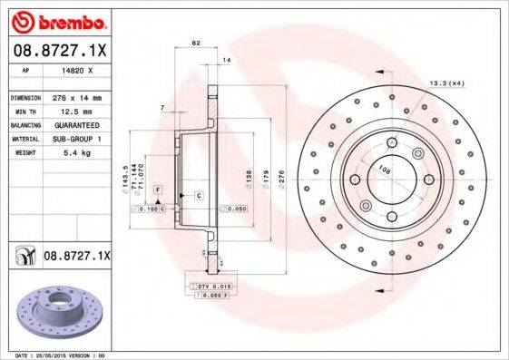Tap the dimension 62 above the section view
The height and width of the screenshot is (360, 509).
pos(195,44)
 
